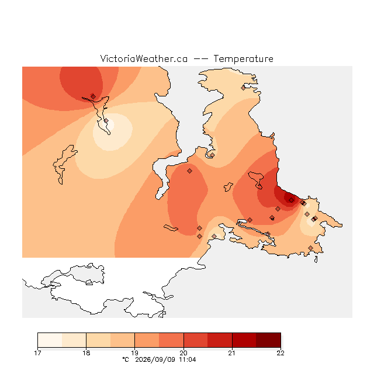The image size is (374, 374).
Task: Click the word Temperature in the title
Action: pyautogui.click(x=243, y=58)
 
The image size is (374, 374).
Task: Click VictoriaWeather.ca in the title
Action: pyautogui.click(x=144, y=58)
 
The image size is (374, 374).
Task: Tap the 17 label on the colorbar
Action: pyautogui.click(x=37, y=353)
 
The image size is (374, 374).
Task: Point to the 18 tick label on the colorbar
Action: pyautogui.click(x=86, y=353)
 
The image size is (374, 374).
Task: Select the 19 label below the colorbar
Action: pyautogui.click(x=135, y=353)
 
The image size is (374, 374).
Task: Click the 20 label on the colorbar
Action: pyautogui.click(x=183, y=353)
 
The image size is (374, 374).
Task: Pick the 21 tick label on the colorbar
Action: pyautogui.click(x=232, y=353)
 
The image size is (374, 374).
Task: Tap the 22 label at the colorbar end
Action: pyautogui.click(x=280, y=353)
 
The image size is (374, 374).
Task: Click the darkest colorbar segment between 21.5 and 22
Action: pyautogui.click(x=268, y=340)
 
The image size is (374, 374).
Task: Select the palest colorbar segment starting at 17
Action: pyautogui.click(x=50, y=340)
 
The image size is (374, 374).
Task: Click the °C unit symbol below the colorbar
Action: pyautogui.click(x=126, y=359)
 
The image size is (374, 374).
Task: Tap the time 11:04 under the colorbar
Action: pyautogui.click(x=188, y=359)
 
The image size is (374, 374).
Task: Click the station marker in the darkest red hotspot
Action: pyautogui.click(x=291, y=200)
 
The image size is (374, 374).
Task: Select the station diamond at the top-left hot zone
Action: pyautogui.click(x=93, y=96)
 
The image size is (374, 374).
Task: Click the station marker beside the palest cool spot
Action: pyautogui.click(x=106, y=121)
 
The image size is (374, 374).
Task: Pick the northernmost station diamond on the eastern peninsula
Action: pyautogui.click(x=243, y=88)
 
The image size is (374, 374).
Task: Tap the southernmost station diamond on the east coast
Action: pyautogui.click(x=310, y=248)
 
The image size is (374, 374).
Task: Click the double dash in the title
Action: pyautogui.click(x=200, y=59)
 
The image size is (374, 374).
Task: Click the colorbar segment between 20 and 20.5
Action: pyautogui.click(x=196, y=340)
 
